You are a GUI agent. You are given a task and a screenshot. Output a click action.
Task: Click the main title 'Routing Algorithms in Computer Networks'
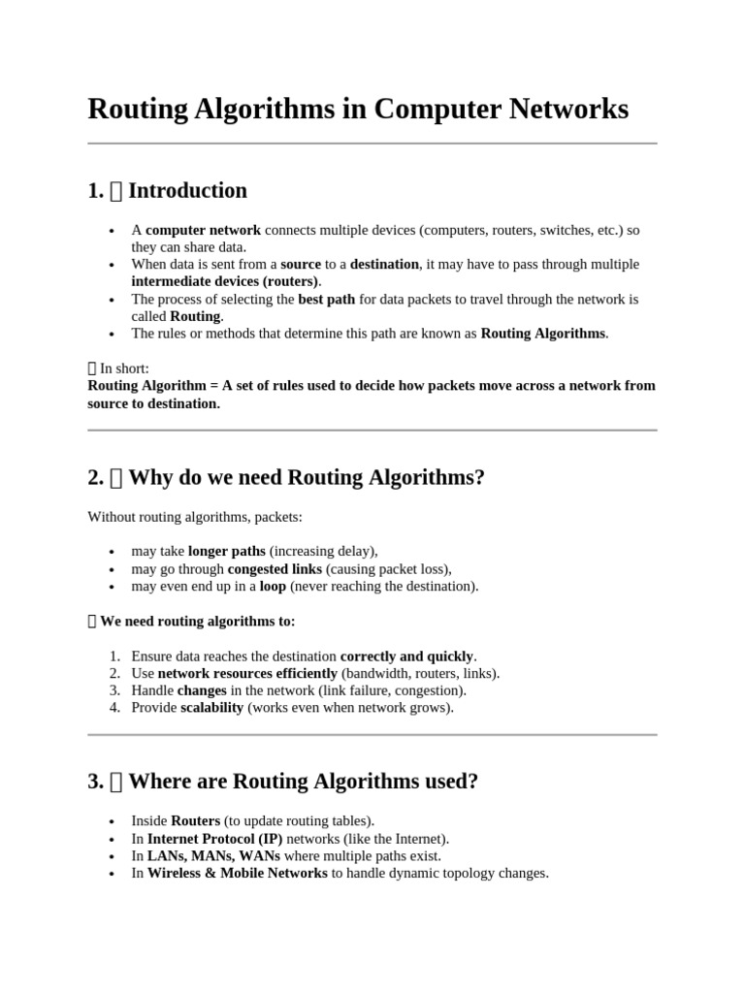click(x=358, y=110)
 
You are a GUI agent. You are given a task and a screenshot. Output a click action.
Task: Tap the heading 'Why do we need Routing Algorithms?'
click(x=306, y=477)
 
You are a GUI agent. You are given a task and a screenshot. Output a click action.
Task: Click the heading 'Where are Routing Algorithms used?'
click(x=303, y=782)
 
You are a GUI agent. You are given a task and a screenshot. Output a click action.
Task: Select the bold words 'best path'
click(x=326, y=299)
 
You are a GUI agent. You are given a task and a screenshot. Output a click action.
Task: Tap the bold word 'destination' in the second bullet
click(x=384, y=264)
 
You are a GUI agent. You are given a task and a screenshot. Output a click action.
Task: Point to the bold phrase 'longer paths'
click(x=226, y=551)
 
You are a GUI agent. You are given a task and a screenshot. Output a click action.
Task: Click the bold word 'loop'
click(x=273, y=586)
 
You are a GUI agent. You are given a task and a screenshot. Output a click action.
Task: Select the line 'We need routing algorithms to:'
click(x=198, y=621)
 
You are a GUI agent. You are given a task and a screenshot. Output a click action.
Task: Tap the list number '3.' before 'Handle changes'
click(x=113, y=690)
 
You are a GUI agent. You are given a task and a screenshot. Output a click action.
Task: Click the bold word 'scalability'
click(x=211, y=708)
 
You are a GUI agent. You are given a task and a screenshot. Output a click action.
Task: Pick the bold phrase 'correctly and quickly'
click(x=406, y=656)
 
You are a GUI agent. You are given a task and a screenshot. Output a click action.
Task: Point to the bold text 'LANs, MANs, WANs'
click(x=213, y=855)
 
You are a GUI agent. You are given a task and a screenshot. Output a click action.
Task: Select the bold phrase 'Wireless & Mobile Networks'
click(x=237, y=873)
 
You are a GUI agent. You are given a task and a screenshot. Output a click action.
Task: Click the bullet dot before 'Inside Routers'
click(x=113, y=821)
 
